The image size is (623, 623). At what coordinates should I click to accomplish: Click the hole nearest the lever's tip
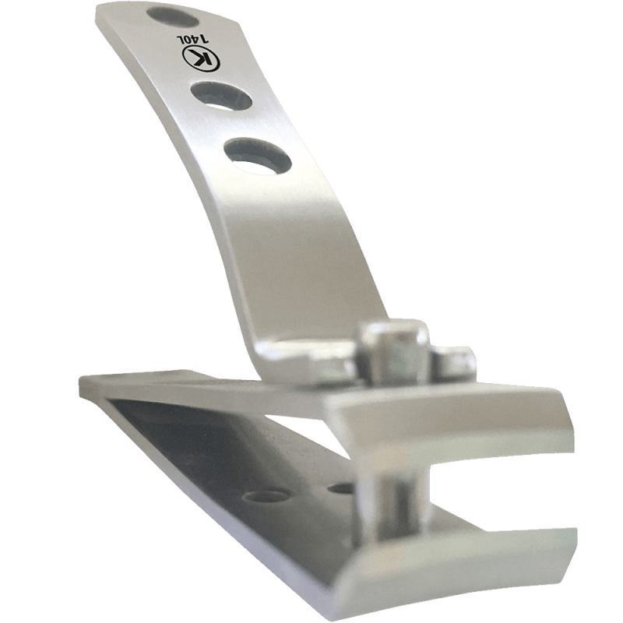point(172,17)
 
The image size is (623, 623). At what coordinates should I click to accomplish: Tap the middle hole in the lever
point(221,95)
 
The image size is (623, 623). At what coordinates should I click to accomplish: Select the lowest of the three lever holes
point(258,157)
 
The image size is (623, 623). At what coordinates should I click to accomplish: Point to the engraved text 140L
point(192,38)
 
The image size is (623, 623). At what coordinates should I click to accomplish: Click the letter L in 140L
point(180,38)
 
